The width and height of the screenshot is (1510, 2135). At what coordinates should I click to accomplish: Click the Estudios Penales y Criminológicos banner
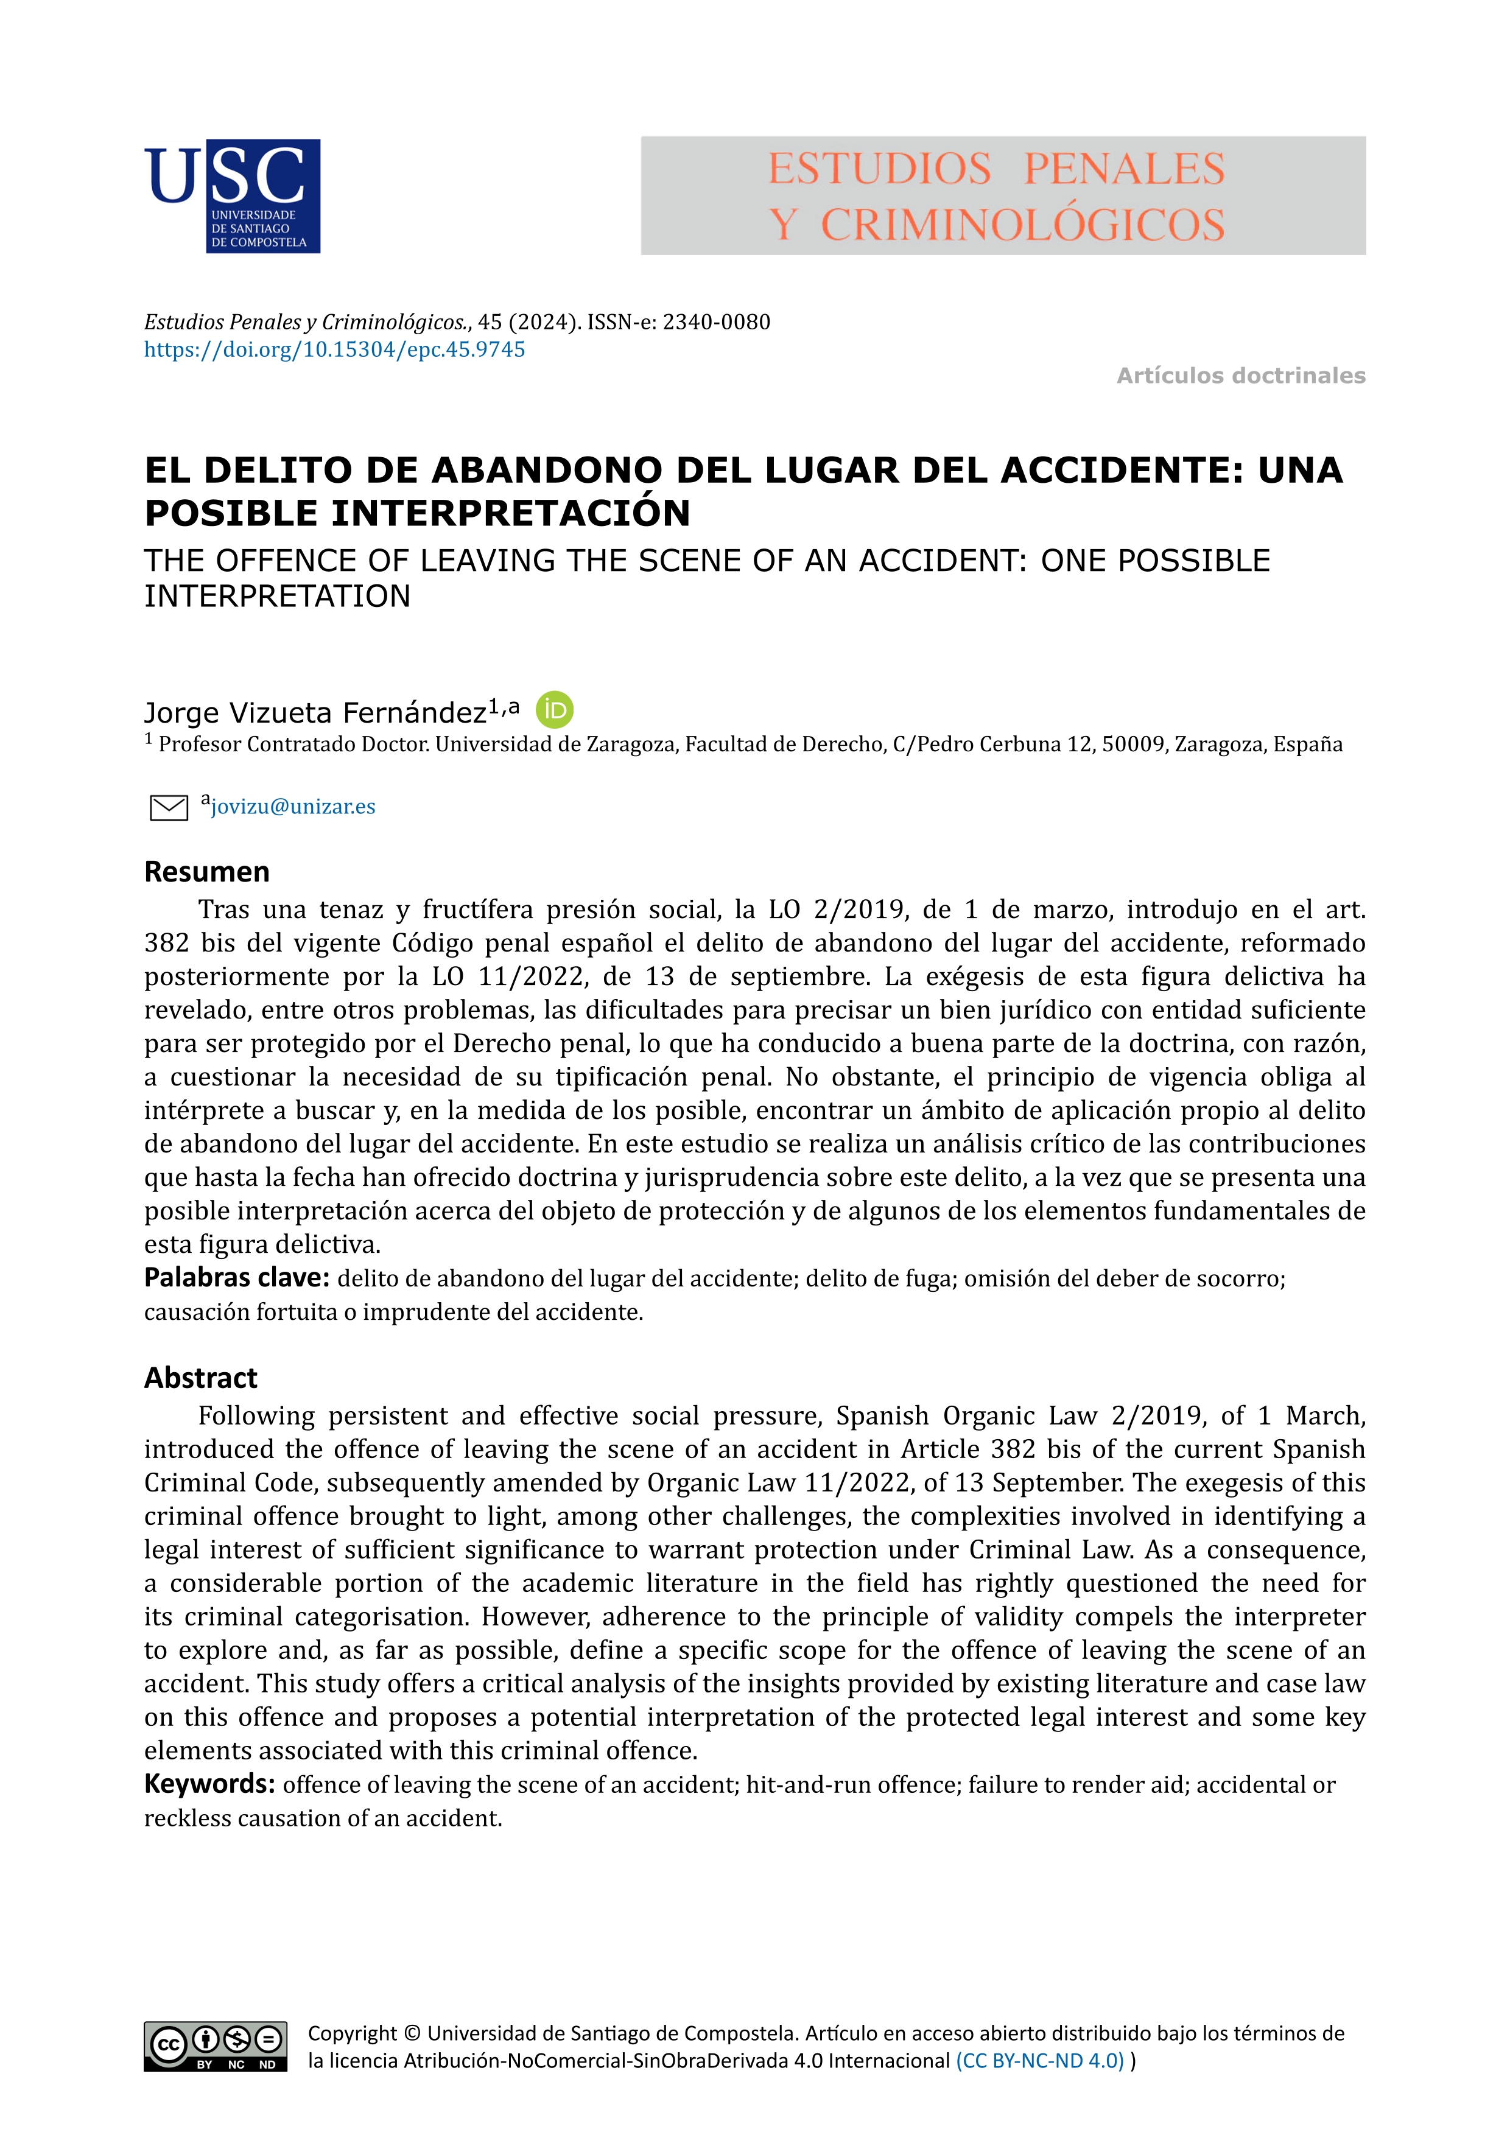1002,196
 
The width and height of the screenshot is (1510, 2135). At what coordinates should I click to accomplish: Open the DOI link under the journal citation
335,349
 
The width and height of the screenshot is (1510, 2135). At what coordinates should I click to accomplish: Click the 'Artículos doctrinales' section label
1240,376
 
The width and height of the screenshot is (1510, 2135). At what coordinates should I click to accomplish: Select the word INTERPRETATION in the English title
277,596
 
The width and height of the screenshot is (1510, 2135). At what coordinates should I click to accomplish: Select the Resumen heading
206,872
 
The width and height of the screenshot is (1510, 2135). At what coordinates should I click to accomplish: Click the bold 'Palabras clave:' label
236,1278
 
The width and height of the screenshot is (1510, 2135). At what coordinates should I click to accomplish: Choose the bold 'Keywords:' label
209,1784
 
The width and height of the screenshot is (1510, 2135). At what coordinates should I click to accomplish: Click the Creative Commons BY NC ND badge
215,2047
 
